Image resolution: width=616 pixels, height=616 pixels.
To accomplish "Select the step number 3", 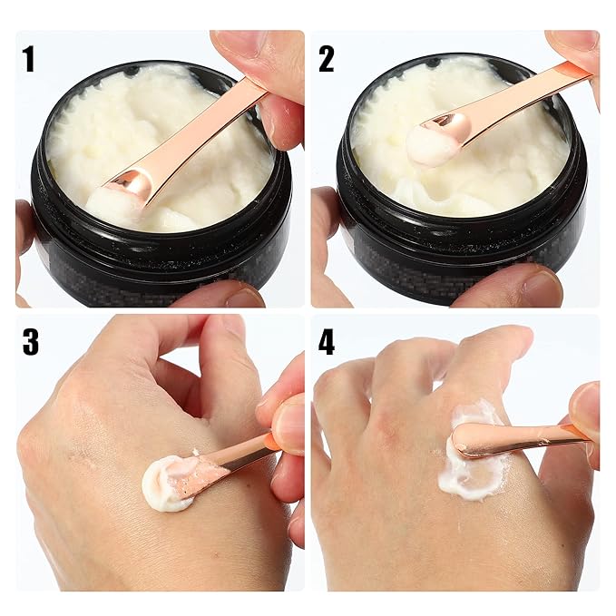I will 30,342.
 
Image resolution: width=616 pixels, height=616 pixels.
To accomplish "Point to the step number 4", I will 327,342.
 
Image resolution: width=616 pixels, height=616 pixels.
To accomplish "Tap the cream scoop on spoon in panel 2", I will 429,143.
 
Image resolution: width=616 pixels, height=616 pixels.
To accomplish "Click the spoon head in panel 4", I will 476,441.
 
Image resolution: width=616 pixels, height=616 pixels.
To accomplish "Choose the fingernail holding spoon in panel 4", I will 583,408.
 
